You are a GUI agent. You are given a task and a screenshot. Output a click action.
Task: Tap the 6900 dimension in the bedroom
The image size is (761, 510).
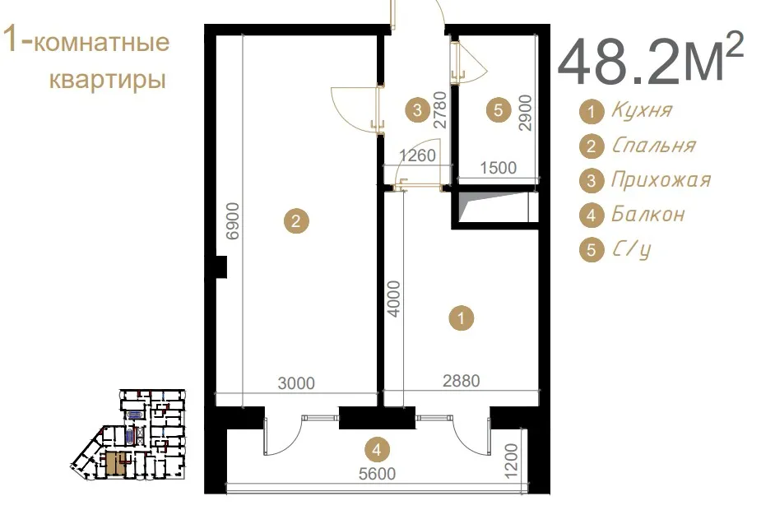(x=233, y=220)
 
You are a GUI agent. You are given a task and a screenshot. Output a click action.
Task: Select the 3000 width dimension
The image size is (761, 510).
(x=296, y=383)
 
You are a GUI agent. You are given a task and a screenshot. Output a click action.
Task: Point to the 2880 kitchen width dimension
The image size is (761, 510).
(x=461, y=381)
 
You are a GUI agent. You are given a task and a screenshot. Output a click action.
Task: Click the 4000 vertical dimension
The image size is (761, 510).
(x=394, y=299)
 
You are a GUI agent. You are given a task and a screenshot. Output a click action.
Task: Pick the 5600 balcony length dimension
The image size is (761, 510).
(x=377, y=473)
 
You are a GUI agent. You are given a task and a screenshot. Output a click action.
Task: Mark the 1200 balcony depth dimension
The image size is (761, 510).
(x=512, y=461)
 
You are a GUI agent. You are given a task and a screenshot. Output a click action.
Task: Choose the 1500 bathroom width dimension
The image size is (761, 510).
(x=498, y=168)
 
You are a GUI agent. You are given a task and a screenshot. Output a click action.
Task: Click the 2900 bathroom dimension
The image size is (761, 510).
(x=526, y=113)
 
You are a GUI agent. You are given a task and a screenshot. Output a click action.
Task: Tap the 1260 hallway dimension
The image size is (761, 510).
(x=417, y=155)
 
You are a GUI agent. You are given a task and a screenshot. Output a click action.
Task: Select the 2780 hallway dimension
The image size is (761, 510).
(x=439, y=110)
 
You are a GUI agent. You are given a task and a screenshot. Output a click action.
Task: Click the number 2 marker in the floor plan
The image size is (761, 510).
(x=295, y=221)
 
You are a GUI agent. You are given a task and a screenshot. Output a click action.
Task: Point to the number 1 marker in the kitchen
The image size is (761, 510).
(x=461, y=318)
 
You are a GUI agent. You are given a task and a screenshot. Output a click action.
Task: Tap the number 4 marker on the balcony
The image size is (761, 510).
(x=377, y=450)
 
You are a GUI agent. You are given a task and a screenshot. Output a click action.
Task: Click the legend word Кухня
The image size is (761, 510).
(x=642, y=110)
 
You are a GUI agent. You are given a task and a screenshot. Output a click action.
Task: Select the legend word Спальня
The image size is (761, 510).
(x=654, y=145)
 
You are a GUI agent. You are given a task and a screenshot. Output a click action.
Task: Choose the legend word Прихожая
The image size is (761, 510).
(x=661, y=180)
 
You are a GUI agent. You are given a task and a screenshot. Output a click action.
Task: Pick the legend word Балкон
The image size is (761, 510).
(x=648, y=214)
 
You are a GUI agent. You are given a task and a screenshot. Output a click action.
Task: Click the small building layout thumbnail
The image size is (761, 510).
(x=128, y=435)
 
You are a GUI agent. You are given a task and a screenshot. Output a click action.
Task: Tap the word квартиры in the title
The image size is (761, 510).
(x=108, y=80)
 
